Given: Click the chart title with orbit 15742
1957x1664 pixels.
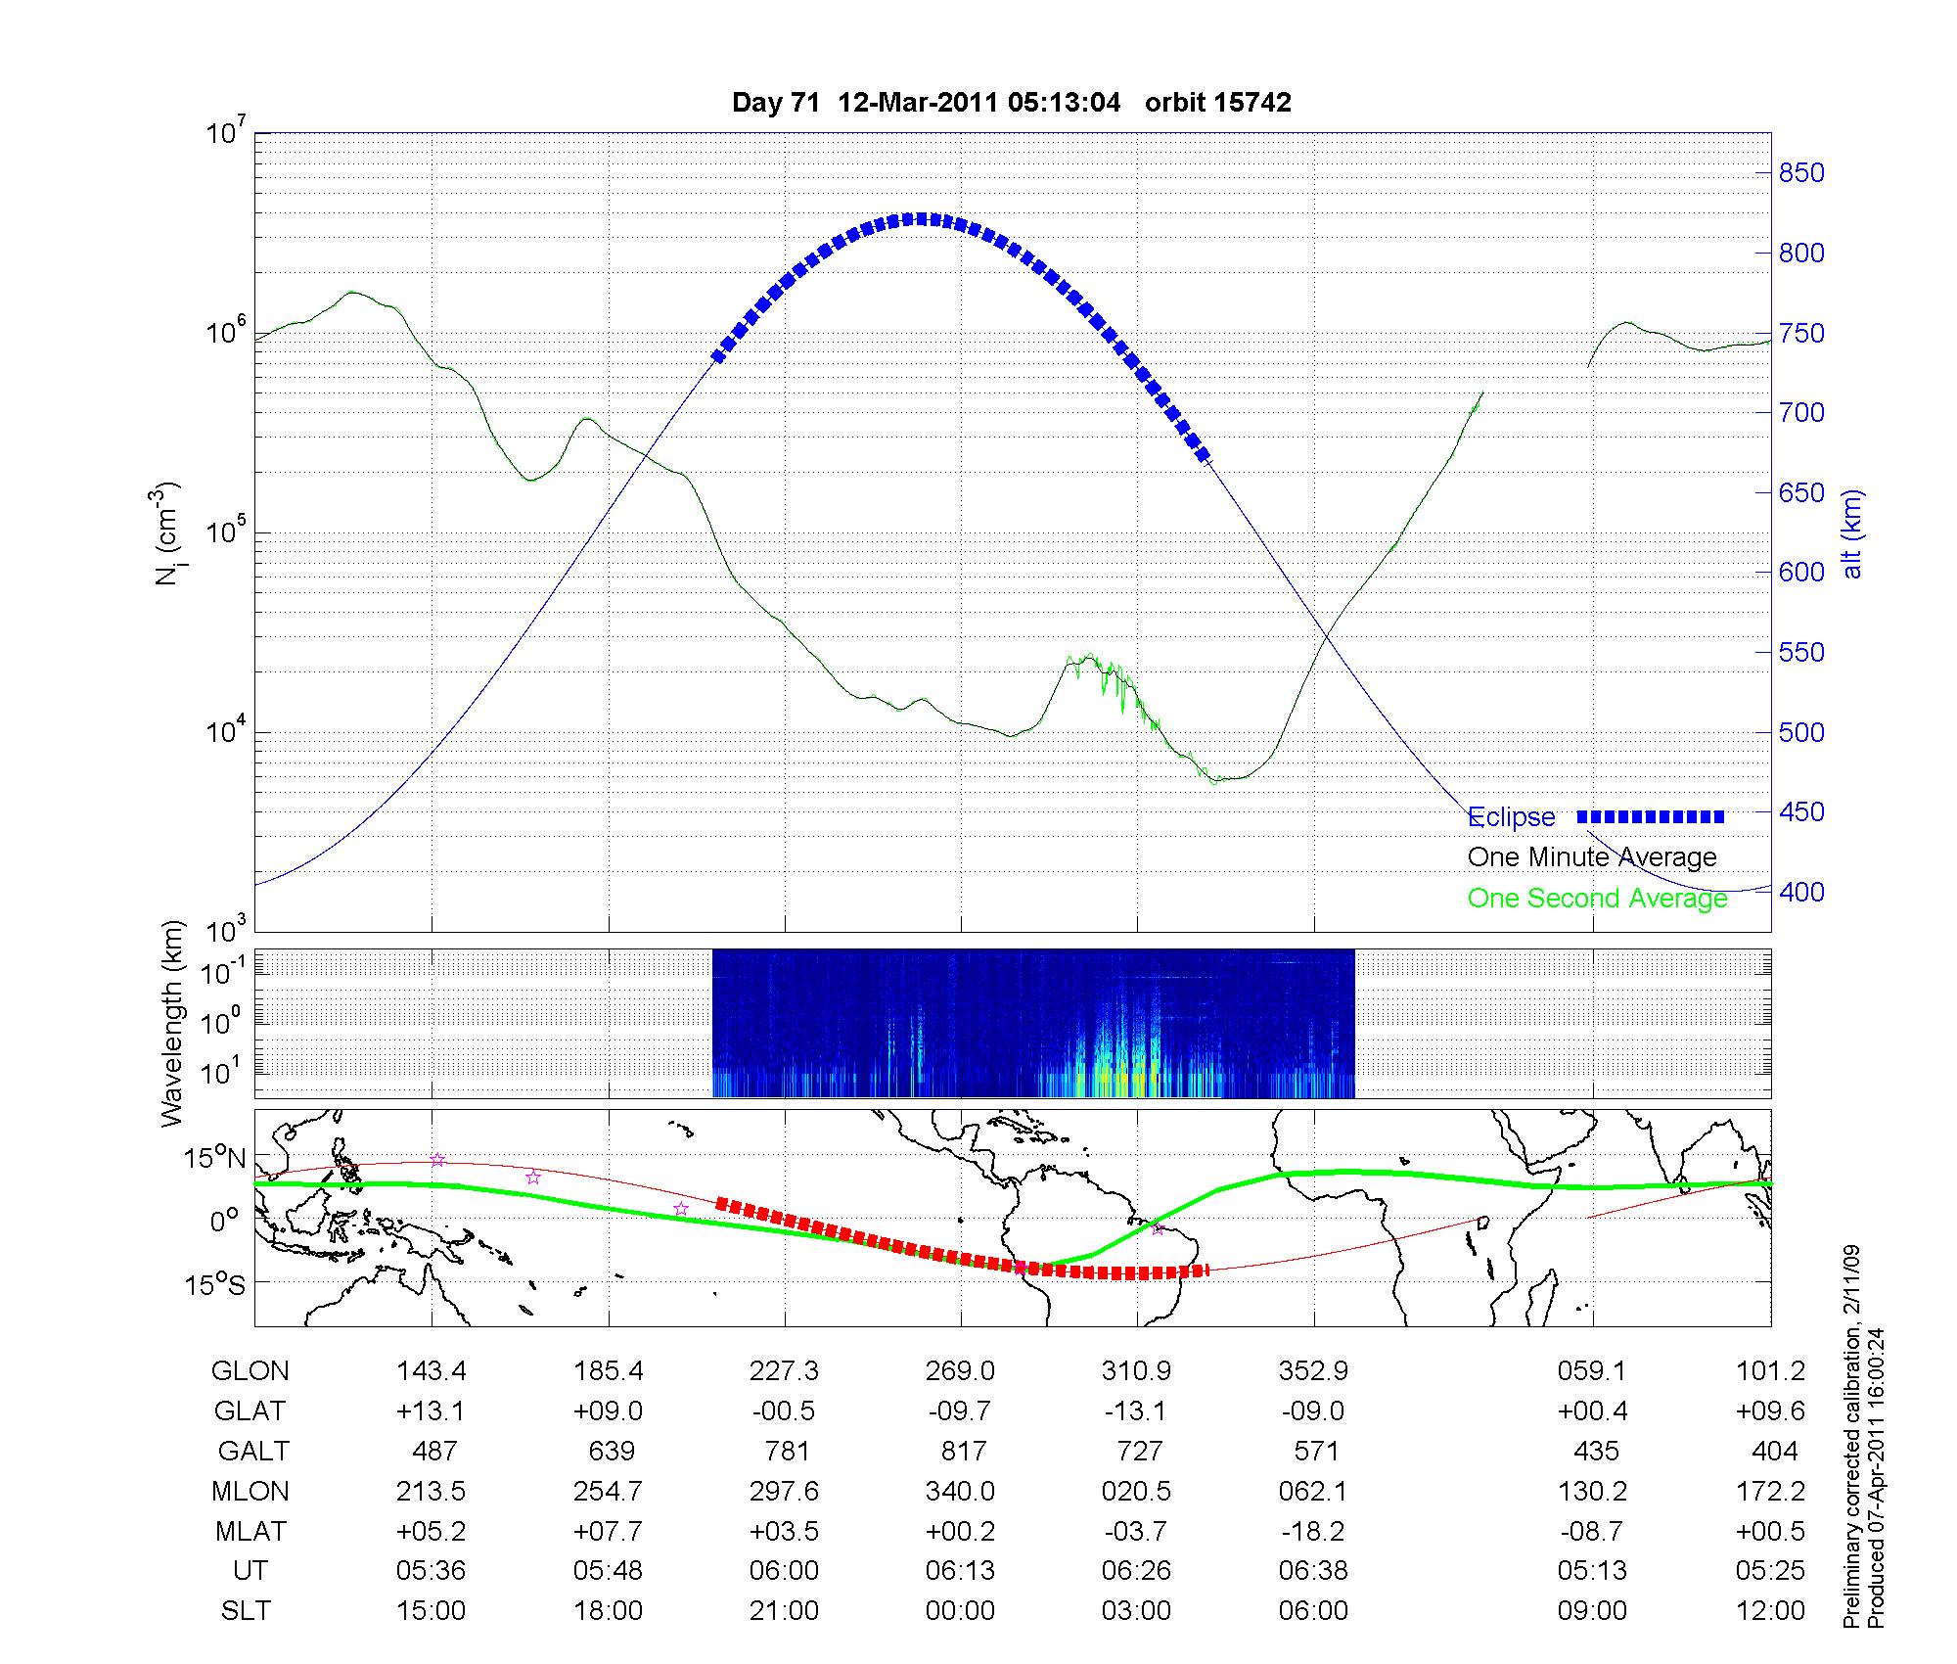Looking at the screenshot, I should pos(1011,103).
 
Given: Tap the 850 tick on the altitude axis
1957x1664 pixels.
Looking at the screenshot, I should pos(1800,173).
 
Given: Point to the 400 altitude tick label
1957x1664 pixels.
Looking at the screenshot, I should pos(1800,892).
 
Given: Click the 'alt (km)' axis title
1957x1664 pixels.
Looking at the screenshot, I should pos(1853,533).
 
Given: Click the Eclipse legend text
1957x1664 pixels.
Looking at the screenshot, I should pos(1511,817).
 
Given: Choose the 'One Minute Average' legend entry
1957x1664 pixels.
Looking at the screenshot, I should pos(1592,857).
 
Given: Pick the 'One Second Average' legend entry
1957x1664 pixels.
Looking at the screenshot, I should pos(1597,898).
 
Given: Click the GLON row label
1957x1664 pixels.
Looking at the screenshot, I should pos(250,1371).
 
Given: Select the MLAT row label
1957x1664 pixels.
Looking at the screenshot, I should pos(250,1531).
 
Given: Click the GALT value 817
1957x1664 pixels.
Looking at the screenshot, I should pos(963,1451).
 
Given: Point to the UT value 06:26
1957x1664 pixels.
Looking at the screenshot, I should pos(1136,1571).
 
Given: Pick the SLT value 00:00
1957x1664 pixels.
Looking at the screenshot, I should pos(960,1611).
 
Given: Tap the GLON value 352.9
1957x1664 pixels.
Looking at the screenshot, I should pos(1313,1371).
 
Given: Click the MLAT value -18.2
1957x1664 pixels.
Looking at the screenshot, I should pos(1313,1531).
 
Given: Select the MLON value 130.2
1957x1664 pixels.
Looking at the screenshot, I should pos(1593,1491).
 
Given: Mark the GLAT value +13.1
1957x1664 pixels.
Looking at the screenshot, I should pos(432,1411).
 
